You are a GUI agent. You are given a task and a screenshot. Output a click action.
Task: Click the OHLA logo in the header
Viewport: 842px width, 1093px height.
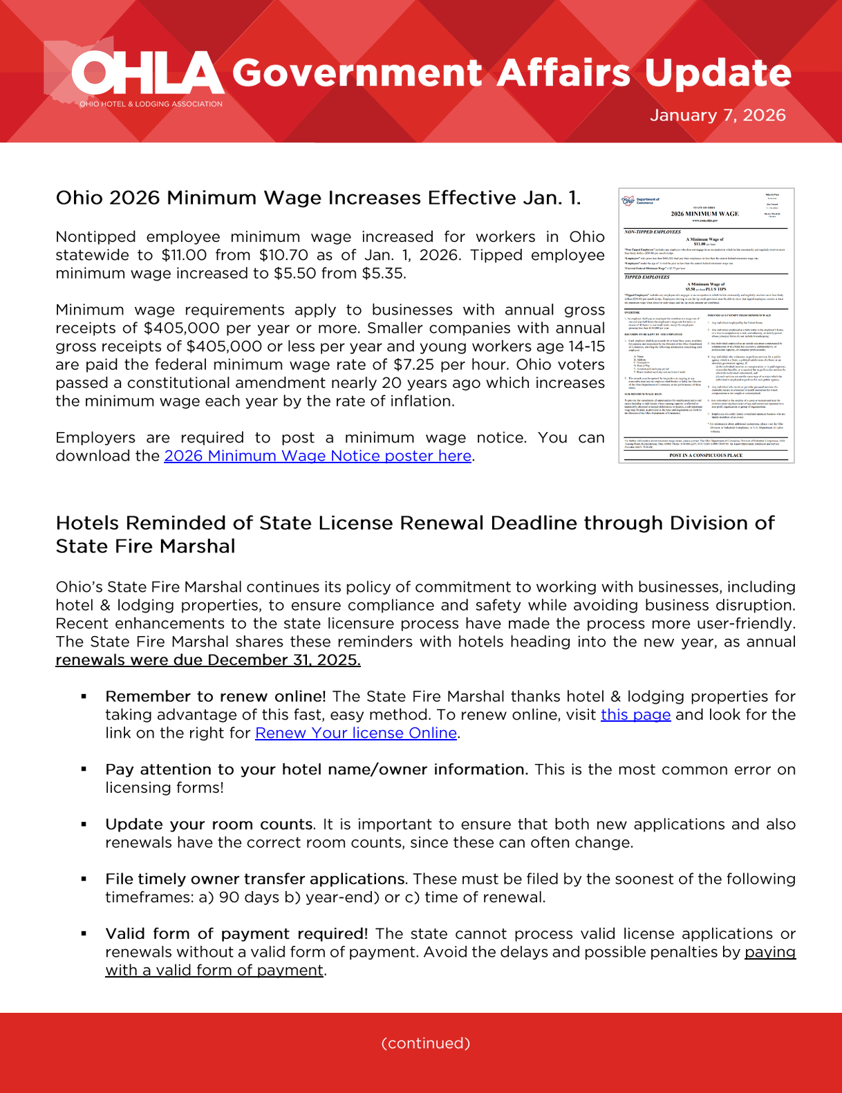(147, 73)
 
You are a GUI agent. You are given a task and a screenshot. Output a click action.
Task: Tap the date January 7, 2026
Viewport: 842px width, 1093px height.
(718, 115)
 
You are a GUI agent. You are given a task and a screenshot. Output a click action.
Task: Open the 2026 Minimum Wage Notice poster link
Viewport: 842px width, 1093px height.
(317, 456)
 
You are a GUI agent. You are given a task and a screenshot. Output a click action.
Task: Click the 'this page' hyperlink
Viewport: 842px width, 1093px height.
(635, 715)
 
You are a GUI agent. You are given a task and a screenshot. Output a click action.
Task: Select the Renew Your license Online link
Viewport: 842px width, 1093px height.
(355, 733)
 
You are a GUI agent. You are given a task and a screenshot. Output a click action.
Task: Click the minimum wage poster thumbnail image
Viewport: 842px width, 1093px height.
(706, 325)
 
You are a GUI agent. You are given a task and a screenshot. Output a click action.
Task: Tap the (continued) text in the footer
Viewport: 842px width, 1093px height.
(425, 1043)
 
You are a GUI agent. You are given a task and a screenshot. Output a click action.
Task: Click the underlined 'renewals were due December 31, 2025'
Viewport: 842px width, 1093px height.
(207, 660)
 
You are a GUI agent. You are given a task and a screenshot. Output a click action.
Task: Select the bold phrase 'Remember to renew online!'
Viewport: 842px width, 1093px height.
(215, 697)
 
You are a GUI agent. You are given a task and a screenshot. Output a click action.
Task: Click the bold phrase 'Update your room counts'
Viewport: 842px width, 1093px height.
(209, 825)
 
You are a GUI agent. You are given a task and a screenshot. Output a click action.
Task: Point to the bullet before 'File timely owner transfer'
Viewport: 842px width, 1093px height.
(84, 879)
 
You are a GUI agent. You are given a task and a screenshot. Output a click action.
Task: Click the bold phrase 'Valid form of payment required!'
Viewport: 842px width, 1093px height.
(236, 934)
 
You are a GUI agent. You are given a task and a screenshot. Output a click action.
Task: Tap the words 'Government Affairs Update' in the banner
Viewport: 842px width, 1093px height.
(511, 73)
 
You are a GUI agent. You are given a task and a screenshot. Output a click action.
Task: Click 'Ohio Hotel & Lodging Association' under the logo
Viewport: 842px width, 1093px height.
(151, 104)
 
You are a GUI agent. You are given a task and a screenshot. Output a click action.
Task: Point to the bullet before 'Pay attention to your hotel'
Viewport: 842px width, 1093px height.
(84, 769)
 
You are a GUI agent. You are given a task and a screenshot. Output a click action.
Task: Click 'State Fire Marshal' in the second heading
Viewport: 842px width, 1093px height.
(145, 546)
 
